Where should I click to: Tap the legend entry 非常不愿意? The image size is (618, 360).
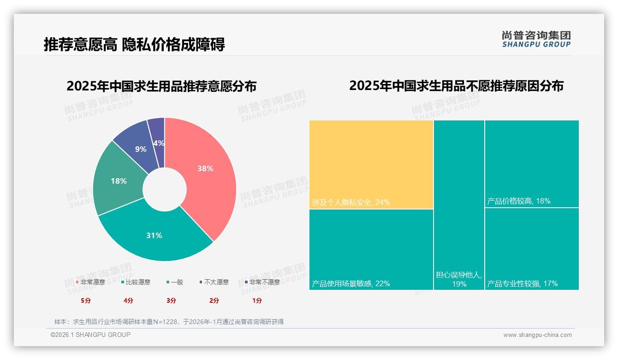point(264,282)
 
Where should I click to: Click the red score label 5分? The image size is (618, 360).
point(86,300)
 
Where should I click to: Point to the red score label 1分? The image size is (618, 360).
point(257,300)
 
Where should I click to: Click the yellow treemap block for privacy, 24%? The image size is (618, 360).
point(371,164)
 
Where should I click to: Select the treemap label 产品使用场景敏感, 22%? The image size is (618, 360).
point(351,283)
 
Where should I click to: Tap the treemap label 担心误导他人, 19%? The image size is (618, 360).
point(459,279)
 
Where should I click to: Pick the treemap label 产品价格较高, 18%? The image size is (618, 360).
point(518,201)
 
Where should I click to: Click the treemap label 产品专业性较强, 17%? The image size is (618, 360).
point(523,283)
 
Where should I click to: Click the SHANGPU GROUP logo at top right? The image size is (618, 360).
point(536,39)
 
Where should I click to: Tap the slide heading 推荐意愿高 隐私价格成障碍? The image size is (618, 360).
point(134,45)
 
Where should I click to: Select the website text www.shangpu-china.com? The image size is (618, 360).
point(537,335)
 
